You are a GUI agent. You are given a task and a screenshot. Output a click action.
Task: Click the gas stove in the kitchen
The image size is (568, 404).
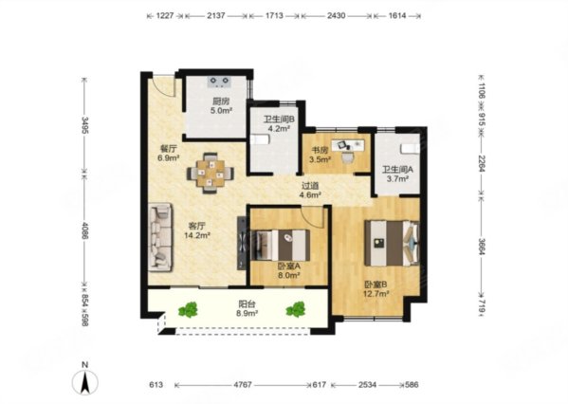click(x=219, y=82)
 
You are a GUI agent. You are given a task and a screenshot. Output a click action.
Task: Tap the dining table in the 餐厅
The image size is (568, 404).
click(x=211, y=174)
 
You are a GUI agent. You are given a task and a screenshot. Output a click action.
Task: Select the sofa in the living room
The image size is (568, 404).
click(x=160, y=237)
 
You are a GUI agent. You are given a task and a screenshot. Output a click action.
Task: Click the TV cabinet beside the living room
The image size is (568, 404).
click(x=242, y=243)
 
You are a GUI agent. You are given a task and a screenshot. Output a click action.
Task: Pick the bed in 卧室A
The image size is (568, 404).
click(x=280, y=245)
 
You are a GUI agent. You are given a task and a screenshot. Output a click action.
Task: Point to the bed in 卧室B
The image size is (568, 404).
click(x=392, y=243)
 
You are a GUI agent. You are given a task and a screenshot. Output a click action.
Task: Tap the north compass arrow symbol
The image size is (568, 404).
click(x=85, y=382)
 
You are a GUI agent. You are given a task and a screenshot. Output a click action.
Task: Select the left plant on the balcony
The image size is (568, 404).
click(x=188, y=310)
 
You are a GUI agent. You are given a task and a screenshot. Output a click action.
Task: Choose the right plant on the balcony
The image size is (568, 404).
click(x=296, y=309)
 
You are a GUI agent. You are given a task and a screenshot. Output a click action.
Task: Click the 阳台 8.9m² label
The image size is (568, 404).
click(x=247, y=309)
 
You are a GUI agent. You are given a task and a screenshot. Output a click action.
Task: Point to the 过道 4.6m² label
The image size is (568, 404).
click(x=310, y=191)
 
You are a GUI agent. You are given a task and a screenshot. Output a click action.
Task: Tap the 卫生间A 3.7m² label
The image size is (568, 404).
click(x=397, y=174)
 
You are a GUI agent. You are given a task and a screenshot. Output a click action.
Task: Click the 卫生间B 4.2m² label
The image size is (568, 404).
click(x=279, y=123)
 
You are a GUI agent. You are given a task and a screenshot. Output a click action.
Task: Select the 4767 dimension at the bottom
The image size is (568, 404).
click(x=243, y=385)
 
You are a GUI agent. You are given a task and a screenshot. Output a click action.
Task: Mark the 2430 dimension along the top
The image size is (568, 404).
click(x=337, y=16)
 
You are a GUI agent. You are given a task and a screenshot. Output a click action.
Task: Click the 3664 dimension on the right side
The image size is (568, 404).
click(x=481, y=248)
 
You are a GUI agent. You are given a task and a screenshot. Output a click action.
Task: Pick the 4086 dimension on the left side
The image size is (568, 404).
click(x=84, y=230)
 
